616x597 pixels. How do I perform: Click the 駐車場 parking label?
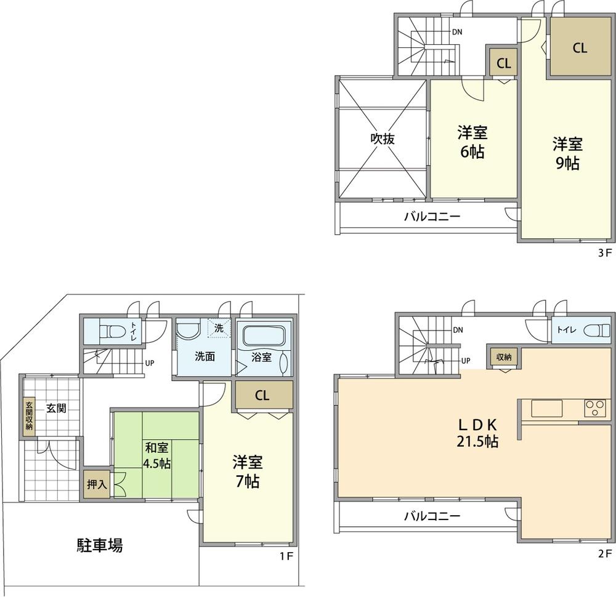(99, 545)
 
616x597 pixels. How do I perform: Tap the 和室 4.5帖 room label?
(157, 455)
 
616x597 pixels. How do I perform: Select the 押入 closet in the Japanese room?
(97, 485)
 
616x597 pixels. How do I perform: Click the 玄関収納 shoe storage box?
(29, 416)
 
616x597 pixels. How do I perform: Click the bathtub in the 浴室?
(264, 336)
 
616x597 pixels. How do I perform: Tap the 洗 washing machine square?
(219, 327)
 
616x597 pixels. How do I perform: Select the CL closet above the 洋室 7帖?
(262, 396)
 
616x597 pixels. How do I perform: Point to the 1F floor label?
(285, 556)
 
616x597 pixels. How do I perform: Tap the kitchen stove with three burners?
(595, 408)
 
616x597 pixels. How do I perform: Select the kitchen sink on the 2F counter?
(547, 408)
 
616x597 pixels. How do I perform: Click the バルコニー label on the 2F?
(432, 516)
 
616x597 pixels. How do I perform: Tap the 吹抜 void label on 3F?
(382, 139)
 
